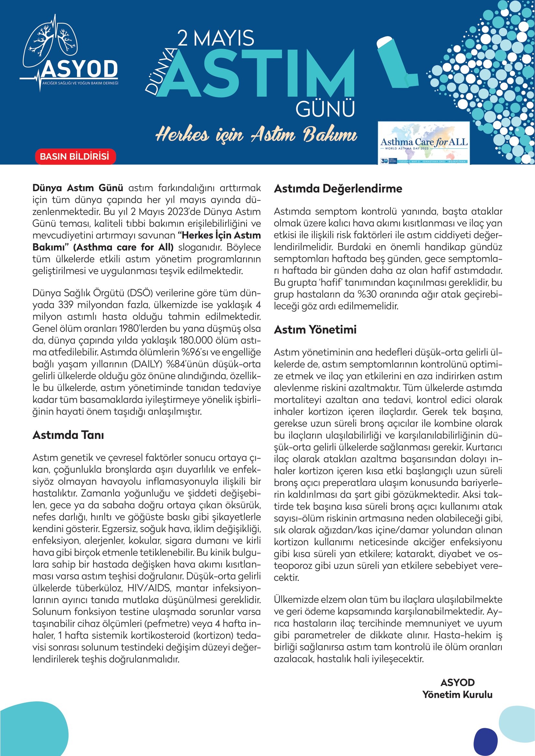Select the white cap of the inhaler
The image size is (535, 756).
click(x=384, y=42)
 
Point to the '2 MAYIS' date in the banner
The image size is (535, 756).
click(x=216, y=38)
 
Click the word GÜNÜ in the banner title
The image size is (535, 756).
click(x=325, y=109)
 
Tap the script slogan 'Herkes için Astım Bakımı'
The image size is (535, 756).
click(x=256, y=135)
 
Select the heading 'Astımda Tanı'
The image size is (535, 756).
click(x=68, y=435)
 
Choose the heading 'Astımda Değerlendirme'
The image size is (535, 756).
click(x=338, y=189)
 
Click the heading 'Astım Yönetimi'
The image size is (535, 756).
click(x=315, y=330)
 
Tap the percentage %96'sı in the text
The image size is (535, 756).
click(x=195, y=352)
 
